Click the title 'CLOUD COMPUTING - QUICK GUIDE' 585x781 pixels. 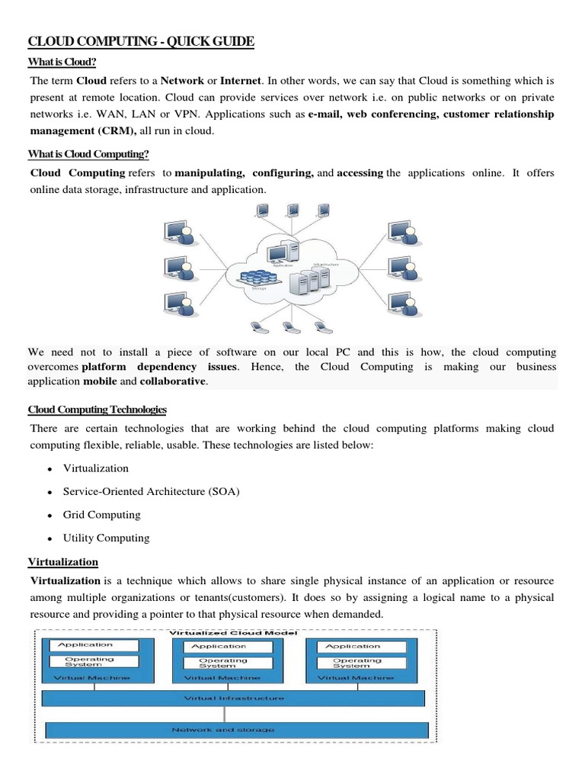[x=141, y=41]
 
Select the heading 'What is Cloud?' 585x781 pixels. [x=62, y=62]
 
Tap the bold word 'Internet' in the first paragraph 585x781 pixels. [x=241, y=79]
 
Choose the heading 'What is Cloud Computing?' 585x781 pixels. [x=88, y=154]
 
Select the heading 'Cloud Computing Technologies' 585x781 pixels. [x=97, y=410]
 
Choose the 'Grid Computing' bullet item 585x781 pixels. [x=102, y=515]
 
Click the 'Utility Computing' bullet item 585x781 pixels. [x=107, y=538]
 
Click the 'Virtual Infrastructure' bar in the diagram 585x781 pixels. [x=234, y=698]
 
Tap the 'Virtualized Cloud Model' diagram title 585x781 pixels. [x=235, y=633]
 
